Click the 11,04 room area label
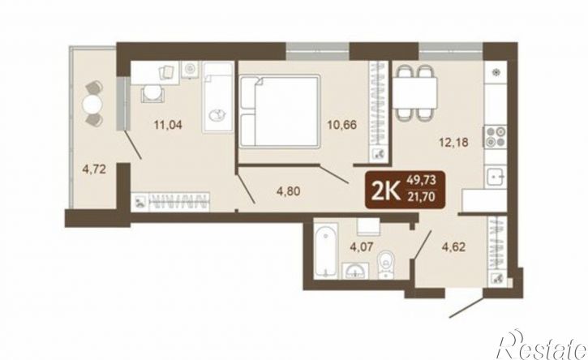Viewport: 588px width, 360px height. [168, 125]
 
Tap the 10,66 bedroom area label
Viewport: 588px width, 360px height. [341, 125]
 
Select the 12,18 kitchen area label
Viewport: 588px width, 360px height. [454, 143]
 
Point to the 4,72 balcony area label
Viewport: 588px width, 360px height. [94, 169]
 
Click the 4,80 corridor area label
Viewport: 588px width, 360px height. [289, 191]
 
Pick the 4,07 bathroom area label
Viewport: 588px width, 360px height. [362, 247]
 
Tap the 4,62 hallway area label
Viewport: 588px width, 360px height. [453, 247]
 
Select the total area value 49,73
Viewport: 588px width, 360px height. [422, 180]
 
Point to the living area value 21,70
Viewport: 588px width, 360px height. [422, 196]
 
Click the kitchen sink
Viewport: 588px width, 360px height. [496, 178]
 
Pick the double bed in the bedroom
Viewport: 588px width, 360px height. [280, 111]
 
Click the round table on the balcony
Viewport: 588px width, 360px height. [92, 104]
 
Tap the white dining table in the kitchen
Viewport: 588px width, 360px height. [414, 92]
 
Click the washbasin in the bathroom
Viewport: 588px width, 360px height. [355, 271]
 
